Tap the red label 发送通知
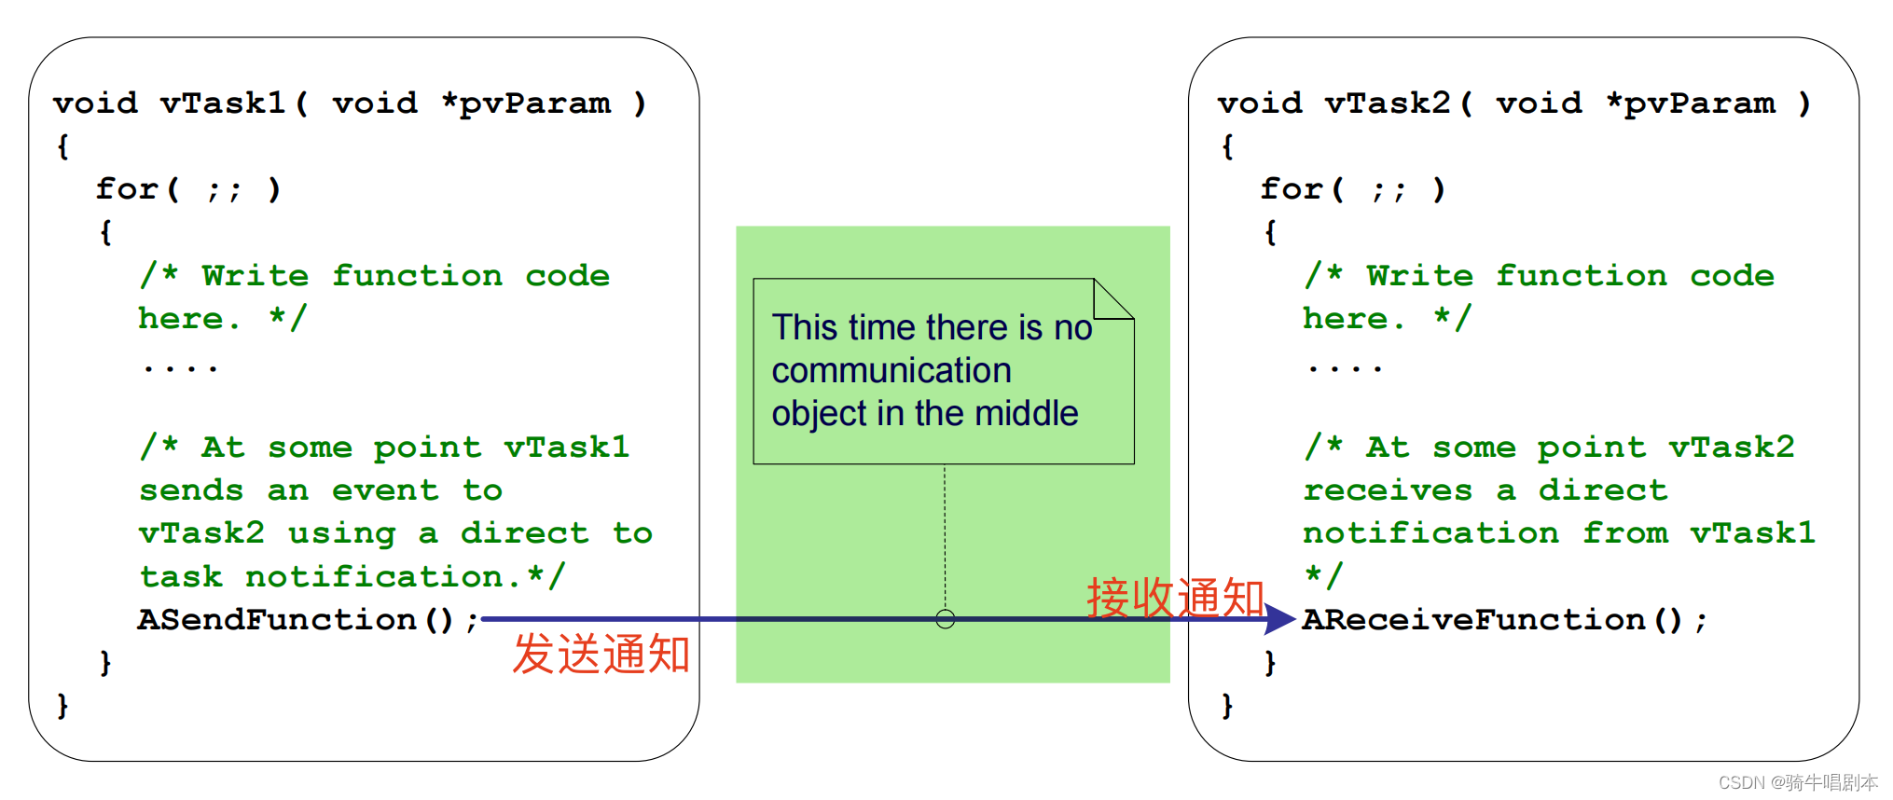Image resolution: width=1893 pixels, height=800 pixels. pyautogui.click(x=601, y=655)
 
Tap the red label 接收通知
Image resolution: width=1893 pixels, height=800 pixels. pyautogui.click(x=1175, y=598)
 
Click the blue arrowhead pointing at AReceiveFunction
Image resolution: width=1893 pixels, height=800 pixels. pyautogui.click(x=1279, y=619)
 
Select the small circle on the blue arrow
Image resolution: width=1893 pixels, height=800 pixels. pyautogui.click(x=945, y=619)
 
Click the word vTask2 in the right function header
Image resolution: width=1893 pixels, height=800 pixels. pyautogui.click(x=1389, y=103)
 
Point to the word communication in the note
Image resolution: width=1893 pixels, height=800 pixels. pyautogui.click(x=891, y=371)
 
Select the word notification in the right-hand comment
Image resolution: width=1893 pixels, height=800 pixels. pyautogui.click(x=1430, y=533)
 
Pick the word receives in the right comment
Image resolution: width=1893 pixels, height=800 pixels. pyautogui.click(x=1388, y=490)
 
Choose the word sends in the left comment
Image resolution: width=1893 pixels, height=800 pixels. pyautogui.click(x=191, y=490)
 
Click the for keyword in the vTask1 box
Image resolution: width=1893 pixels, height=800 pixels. pyautogui.click(x=128, y=189)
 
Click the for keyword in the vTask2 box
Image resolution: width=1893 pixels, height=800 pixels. pyautogui.click(x=1292, y=189)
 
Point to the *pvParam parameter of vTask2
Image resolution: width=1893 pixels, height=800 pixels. pyautogui.click(x=1690, y=103)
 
